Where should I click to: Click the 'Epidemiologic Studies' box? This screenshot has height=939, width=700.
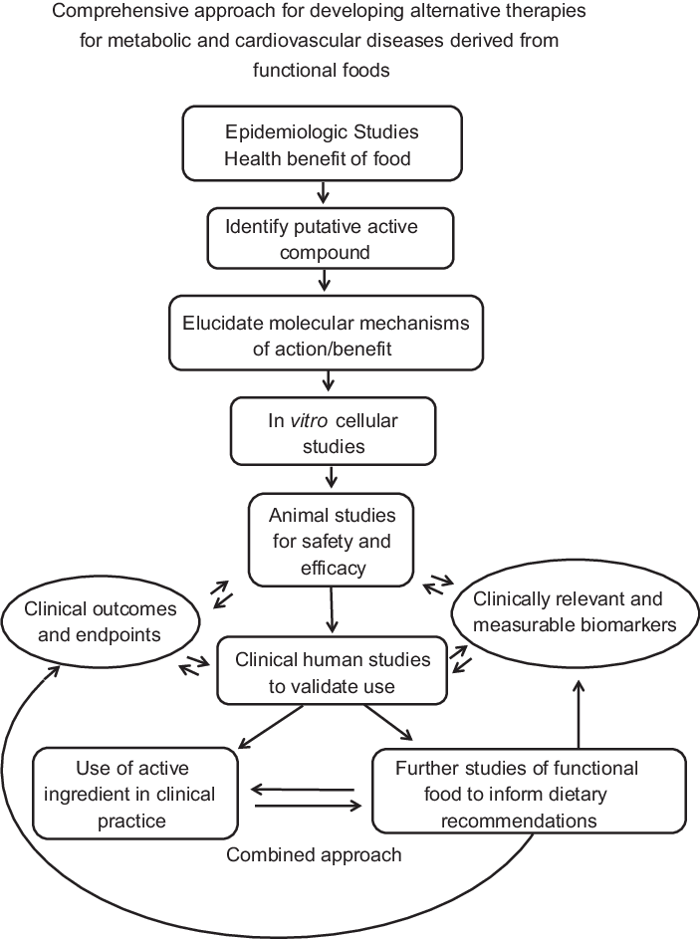[x=323, y=142]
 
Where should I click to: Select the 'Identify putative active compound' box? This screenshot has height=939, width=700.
[x=322, y=240]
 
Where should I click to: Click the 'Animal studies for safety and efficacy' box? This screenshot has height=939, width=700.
[x=331, y=539]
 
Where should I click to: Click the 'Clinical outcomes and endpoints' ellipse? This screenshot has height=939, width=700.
[x=99, y=621]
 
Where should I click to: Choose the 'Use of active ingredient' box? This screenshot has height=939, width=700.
[x=134, y=794]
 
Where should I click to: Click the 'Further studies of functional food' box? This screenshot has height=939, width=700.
[x=529, y=794]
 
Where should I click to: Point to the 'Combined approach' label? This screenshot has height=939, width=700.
[x=315, y=854]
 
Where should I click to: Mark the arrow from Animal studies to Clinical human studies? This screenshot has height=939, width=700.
[x=332, y=610]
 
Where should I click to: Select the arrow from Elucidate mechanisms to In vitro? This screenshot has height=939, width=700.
[x=328, y=382]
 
